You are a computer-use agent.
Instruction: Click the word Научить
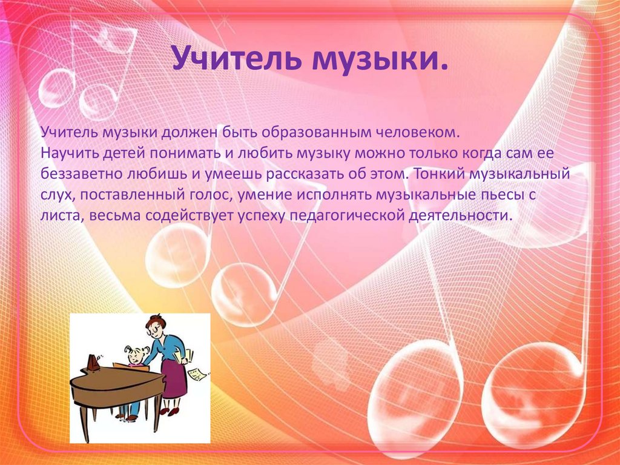tap(70, 153)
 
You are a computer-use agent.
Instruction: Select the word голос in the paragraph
tap(207, 195)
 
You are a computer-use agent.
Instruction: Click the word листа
tap(62, 216)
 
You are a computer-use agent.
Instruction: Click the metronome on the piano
tap(93, 362)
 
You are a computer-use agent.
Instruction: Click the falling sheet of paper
tap(197, 374)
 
